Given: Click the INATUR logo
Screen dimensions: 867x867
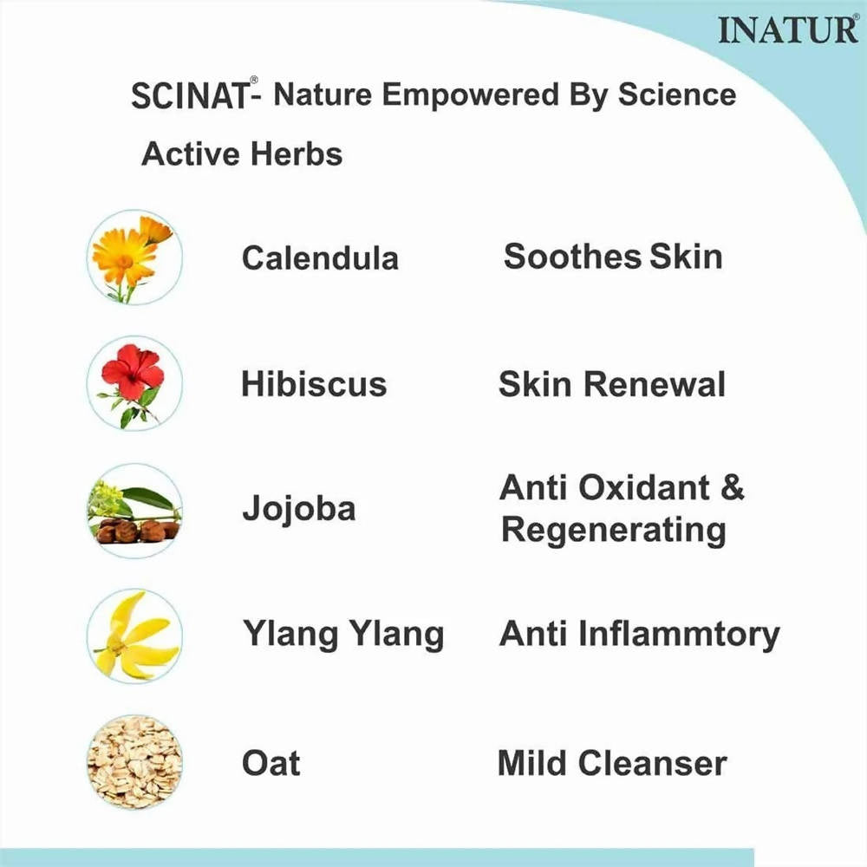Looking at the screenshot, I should coord(787,30).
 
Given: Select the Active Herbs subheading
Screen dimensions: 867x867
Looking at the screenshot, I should coord(242,154).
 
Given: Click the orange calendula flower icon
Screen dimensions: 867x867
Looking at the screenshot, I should coord(134,257).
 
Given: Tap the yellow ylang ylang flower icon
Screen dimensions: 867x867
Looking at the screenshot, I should coord(134,636).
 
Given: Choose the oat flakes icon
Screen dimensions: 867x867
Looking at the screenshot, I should coord(134,763).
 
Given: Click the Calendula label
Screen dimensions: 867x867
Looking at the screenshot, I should coord(320,257).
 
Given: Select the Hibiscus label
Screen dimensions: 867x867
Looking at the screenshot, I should coord(313,384).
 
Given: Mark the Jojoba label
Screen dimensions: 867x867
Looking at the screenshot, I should coord(298,509).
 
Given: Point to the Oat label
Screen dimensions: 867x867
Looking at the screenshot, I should coord(271,764).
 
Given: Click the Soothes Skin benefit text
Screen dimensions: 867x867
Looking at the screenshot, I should coord(613,257).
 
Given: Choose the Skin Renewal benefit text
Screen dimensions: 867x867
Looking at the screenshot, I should coord(611,384).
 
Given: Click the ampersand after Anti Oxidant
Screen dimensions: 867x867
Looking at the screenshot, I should coord(732,488).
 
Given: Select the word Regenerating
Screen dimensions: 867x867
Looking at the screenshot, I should coord(613,529).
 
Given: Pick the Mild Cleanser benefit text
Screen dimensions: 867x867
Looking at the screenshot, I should coord(611,764).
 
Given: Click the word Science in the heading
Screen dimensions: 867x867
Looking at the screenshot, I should coord(677,95).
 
